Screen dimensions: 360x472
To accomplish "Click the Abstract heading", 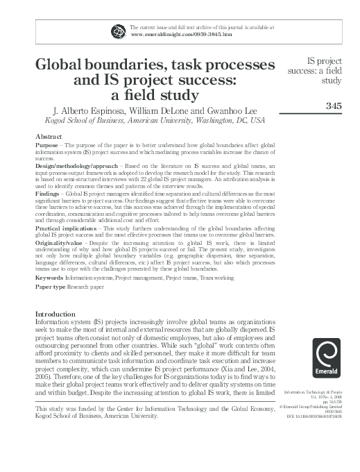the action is (49, 137).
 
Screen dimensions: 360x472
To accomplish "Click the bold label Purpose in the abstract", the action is (46, 145).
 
